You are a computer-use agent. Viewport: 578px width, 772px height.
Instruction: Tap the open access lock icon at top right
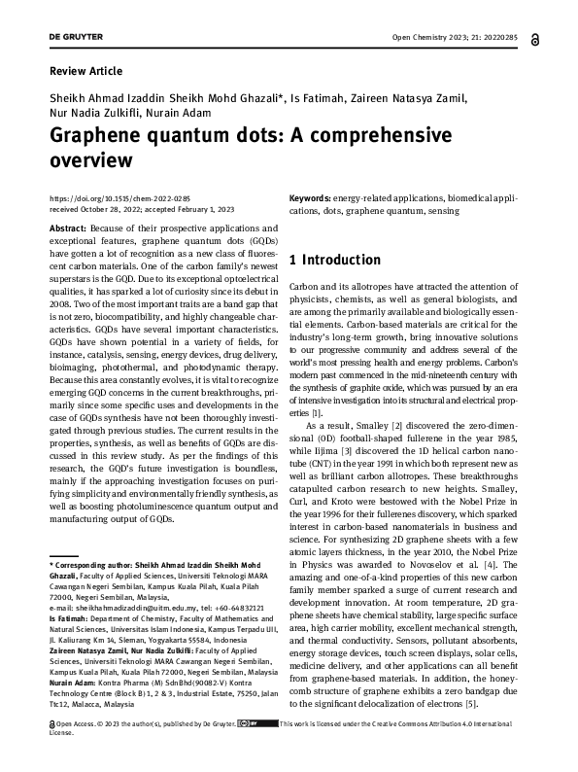point(535,40)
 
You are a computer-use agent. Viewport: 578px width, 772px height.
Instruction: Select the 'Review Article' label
point(85,71)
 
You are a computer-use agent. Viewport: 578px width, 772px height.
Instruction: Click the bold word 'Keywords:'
point(317,198)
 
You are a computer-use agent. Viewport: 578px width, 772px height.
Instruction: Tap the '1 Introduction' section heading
point(335,261)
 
